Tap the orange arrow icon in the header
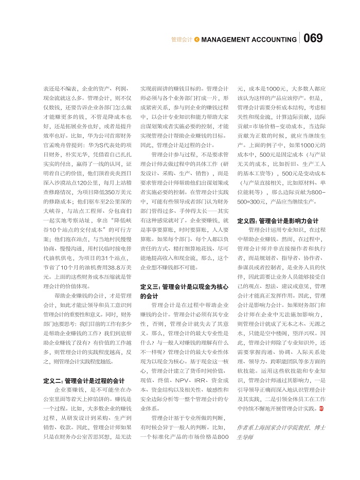tap(197, 40)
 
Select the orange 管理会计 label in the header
tap(181, 40)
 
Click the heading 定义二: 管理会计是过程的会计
tap(83, 381)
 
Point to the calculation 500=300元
tap(256, 201)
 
